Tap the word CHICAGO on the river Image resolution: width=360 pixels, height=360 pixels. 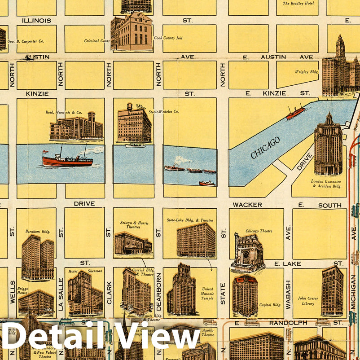click(x=265, y=148)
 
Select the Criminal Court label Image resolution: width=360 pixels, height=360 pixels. click(x=97, y=41)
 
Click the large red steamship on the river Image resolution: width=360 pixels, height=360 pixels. click(x=67, y=159)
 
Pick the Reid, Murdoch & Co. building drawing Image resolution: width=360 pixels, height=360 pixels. click(x=76, y=127)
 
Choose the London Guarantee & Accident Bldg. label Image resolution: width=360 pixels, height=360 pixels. click(x=326, y=184)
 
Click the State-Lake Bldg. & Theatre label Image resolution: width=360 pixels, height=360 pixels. click(x=190, y=220)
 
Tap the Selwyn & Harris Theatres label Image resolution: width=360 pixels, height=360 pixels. click(x=133, y=225)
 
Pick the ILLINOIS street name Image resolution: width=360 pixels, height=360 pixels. click(x=36, y=21)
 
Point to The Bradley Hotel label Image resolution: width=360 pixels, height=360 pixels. click(x=298, y=4)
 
